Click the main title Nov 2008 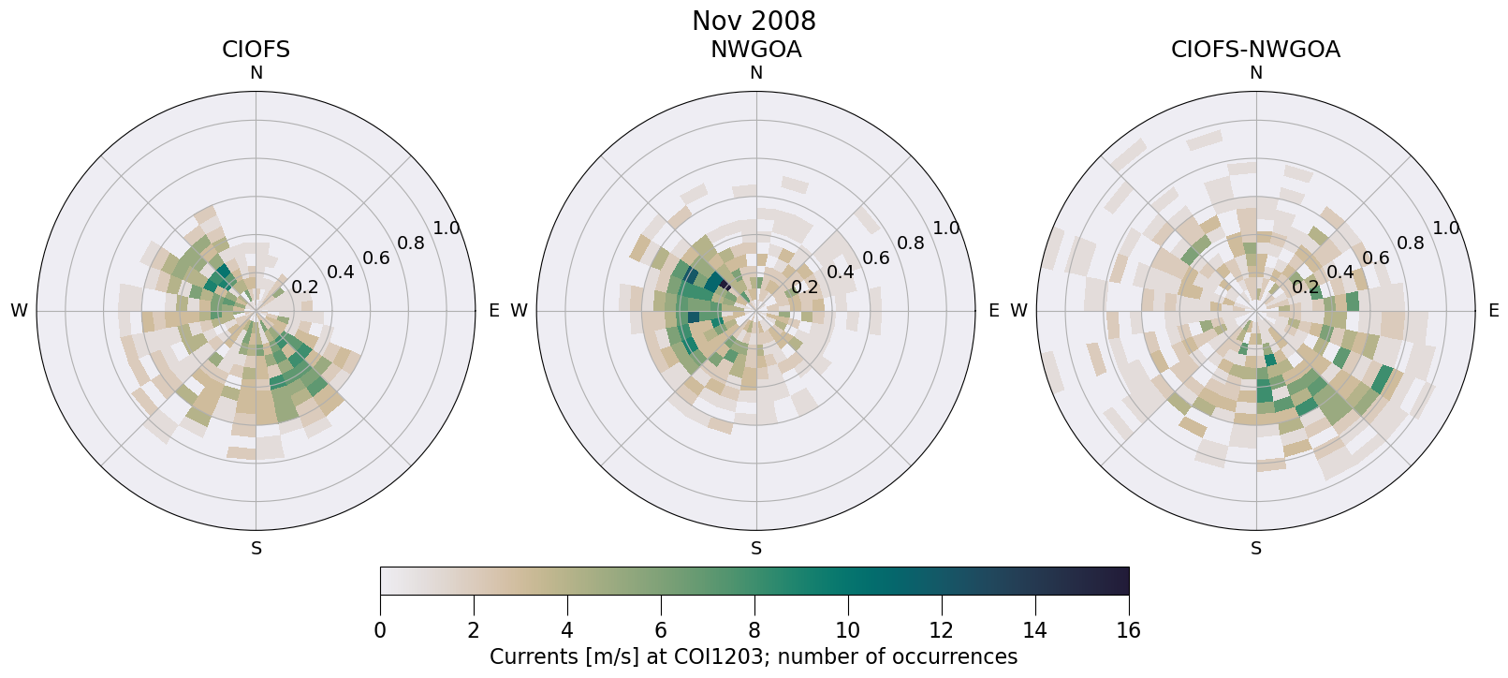click(x=754, y=21)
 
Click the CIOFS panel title click(x=256, y=50)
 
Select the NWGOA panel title click(x=755, y=50)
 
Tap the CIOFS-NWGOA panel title click(x=1255, y=50)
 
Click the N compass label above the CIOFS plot click(x=256, y=73)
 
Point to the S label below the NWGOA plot click(x=756, y=549)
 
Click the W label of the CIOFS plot click(x=19, y=311)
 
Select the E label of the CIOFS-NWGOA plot click(x=1494, y=311)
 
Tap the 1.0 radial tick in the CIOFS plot click(x=447, y=228)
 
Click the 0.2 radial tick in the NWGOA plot click(x=805, y=287)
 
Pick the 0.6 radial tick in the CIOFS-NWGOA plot click(x=1375, y=258)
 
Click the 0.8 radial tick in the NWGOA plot click(x=911, y=243)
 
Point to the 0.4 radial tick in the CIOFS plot click(x=341, y=273)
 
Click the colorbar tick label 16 click(x=1128, y=630)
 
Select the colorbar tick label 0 click(x=380, y=630)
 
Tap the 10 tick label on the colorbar click(x=847, y=630)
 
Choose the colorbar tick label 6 click(x=661, y=630)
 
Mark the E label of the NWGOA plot click(x=994, y=311)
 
